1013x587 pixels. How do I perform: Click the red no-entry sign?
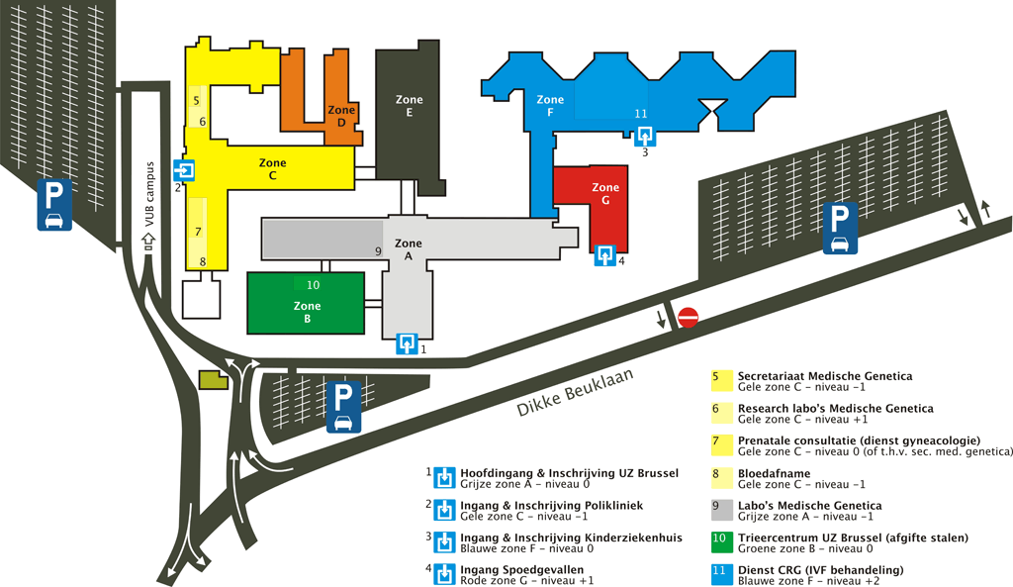tap(689, 317)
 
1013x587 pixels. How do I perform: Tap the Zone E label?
tap(409, 106)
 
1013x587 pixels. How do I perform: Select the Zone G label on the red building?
tap(605, 194)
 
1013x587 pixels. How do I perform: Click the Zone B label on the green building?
tap(307, 313)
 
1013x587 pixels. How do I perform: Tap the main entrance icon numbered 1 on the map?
tap(406, 343)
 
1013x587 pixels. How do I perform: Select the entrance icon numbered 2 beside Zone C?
tap(185, 170)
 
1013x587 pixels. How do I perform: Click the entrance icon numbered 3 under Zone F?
tap(645, 135)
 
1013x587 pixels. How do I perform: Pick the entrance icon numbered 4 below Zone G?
tap(604, 258)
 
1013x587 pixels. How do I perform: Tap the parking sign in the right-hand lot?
tap(840, 228)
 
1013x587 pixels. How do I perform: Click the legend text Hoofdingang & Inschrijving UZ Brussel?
tap(569, 473)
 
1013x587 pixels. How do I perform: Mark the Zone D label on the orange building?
tap(340, 117)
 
